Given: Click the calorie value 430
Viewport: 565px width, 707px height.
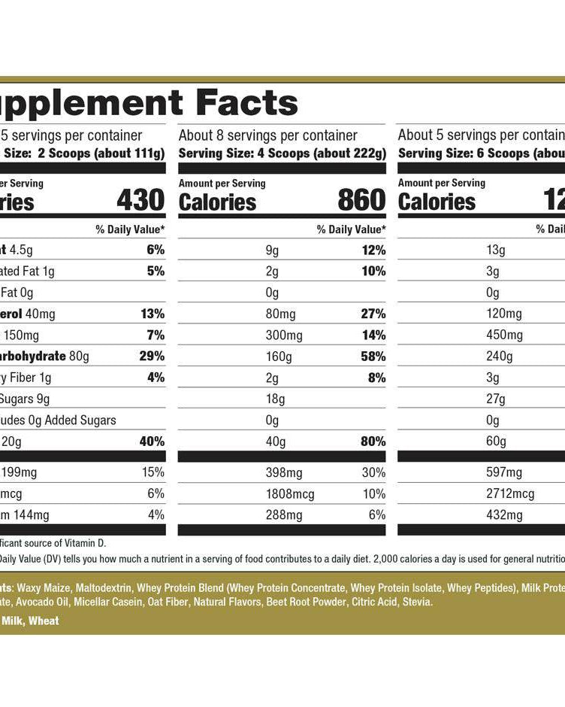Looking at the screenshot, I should [140, 201].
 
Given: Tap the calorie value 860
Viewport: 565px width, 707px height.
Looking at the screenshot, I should [361, 201].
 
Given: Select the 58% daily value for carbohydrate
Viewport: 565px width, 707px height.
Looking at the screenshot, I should [373, 356].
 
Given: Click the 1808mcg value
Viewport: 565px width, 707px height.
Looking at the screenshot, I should [290, 494].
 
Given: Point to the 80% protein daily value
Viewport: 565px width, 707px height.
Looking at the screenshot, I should [373, 441].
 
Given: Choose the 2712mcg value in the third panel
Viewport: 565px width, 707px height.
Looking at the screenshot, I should [510, 494].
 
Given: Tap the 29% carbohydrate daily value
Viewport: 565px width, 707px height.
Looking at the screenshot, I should [152, 356].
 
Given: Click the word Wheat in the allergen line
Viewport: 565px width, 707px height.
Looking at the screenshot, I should [44, 621].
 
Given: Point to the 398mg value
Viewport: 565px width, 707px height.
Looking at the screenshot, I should [283, 472].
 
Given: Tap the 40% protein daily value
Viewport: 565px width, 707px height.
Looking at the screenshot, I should [152, 441].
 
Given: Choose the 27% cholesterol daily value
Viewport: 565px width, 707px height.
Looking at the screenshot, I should [373, 314].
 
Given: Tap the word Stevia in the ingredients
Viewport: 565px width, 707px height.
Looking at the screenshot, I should [416, 602].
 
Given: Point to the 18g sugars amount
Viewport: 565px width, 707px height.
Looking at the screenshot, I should [272, 399].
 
